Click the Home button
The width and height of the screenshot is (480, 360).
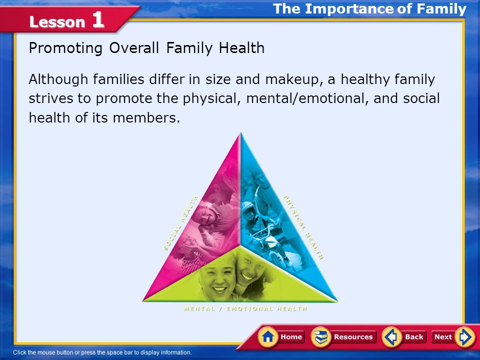pyautogui.click(x=281, y=336)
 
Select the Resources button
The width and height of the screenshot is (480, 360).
pyautogui.click(x=343, y=336)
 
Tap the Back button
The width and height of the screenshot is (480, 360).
pyautogui.click(x=404, y=336)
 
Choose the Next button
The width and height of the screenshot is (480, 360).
pyautogui.click(x=453, y=336)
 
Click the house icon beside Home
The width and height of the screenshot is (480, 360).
pyautogui.click(x=268, y=337)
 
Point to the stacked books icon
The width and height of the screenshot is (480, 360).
pyautogui.click(x=321, y=337)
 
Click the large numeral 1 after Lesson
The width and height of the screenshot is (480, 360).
pyautogui.click(x=98, y=20)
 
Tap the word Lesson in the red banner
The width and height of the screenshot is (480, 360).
pyautogui.click(x=57, y=22)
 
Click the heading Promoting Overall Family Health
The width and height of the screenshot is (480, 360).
pyautogui.click(x=146, y=48)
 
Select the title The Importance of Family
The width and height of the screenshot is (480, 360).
pyautogui.click(x=369, y=8)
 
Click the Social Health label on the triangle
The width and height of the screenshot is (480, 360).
pyautogui.click(x=180, y=223)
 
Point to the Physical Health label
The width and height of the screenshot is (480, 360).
pyautogui.click(x=303, y=227)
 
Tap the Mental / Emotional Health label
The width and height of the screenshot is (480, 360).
pyautogui.click(x=245, y=308)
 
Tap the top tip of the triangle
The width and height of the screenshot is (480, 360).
pyautogui.click(x=241, y=132)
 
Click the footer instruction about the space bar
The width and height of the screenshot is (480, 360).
pyautogui.click(x=102, y=352)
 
